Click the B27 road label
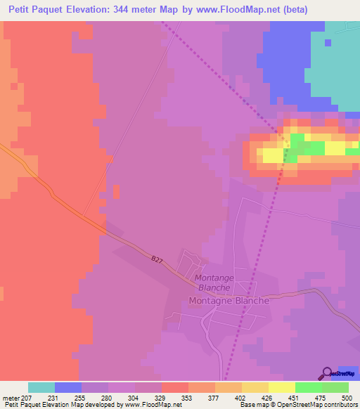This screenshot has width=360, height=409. pos(157,259)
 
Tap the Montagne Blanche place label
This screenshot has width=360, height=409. pos(229,301)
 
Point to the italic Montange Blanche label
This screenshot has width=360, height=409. pos(214,283)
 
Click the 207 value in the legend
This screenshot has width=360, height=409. pos(27,398)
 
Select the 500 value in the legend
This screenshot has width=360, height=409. pos(346,398)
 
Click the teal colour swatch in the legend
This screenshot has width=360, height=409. pos(41,387)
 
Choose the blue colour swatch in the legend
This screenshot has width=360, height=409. pos(68,387)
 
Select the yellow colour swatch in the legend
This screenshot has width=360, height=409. pos(282,387)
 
